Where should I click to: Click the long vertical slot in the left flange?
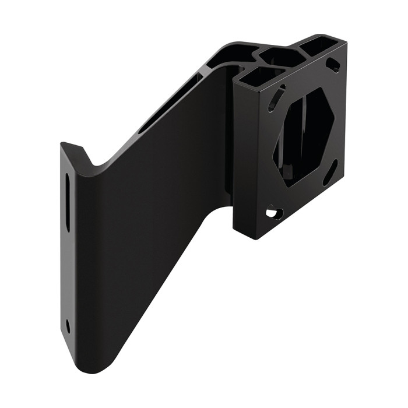click(68, 202)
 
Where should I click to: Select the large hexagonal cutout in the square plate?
click(303, 136)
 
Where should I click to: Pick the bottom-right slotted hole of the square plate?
click(329, 173)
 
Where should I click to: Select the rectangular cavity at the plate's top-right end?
click(321, 44)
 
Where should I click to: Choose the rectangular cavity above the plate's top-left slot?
click(261, 75)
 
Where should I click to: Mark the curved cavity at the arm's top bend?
click(231, 55)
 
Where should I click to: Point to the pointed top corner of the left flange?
click(62, 143)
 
